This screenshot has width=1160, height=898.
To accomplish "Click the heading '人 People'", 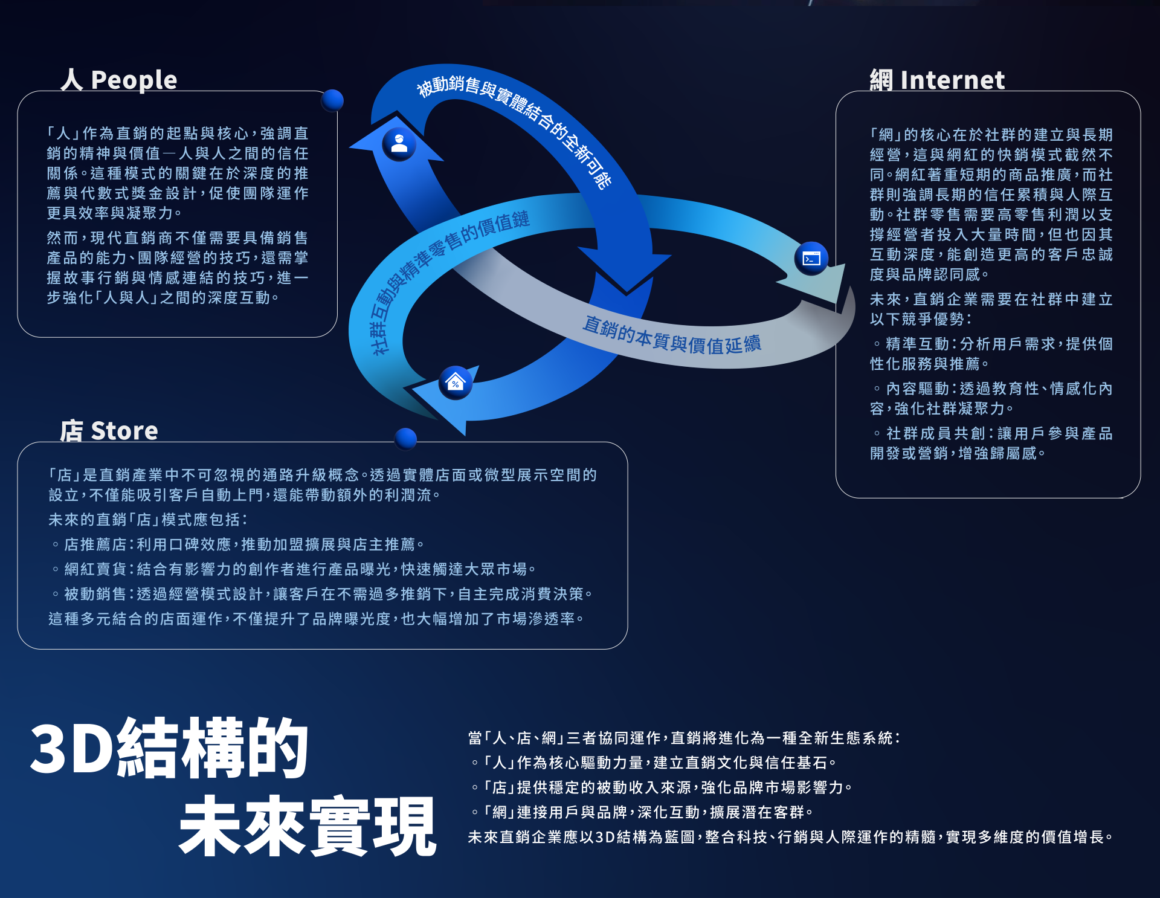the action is coord(119,80).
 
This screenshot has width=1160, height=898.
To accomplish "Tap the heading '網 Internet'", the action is coord(937,80).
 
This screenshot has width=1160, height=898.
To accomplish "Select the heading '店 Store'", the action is coord(109,431).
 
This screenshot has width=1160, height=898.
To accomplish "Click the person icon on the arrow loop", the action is coord(399,144).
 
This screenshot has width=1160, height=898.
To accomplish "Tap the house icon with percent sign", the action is coord(455,383).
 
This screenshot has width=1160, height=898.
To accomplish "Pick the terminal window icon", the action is coord(811,259).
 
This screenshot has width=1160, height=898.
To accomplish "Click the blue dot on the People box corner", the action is coord(332,100).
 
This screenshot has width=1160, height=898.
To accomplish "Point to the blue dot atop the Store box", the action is coord(405,439).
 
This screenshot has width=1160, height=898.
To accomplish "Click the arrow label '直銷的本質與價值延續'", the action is coord(672,334).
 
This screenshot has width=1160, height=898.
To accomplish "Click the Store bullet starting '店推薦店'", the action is coord(239,544).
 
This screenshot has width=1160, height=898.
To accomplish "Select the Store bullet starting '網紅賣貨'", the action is coord(294,569).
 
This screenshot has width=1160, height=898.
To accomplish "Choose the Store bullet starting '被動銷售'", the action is coord(323,594).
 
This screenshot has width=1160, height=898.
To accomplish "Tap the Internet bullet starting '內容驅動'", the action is coord(991,398).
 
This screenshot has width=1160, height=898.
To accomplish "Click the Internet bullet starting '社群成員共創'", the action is coord(991,443).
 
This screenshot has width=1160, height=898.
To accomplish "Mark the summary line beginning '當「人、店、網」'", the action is coord(684,738).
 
